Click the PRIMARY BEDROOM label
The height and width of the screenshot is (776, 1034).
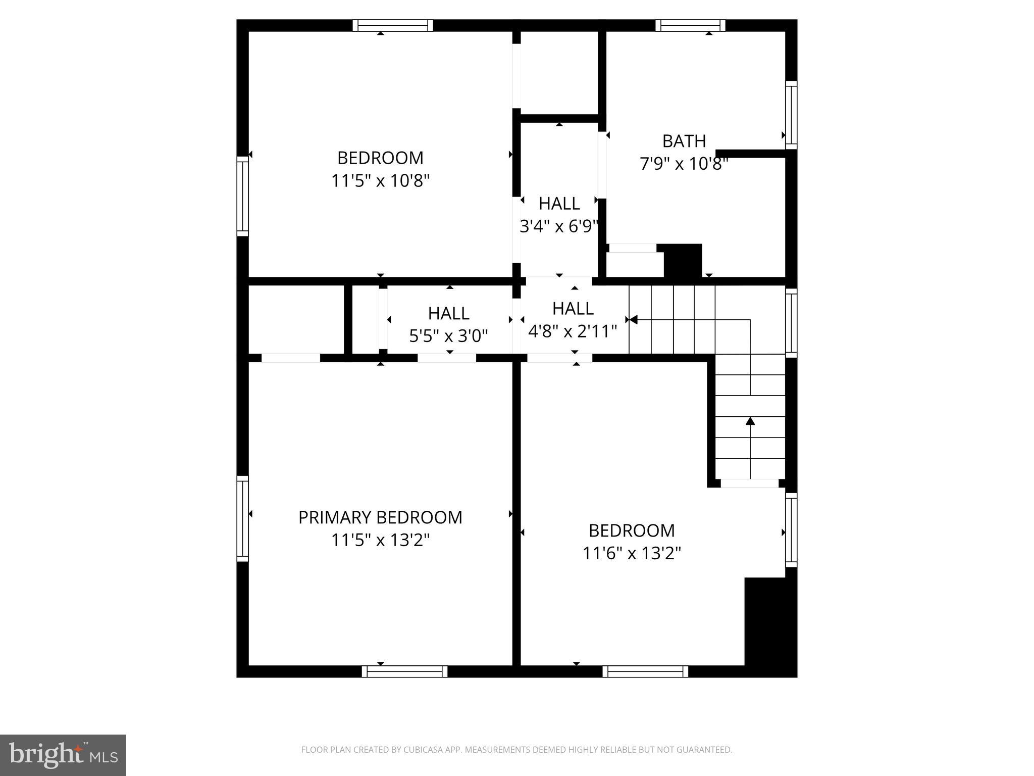tap(380, 517)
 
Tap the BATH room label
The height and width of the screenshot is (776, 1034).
tap(684, 141)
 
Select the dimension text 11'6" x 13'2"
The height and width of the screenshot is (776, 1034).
tap(632, 553)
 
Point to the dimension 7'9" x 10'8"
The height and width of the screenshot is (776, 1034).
tap(684, 164)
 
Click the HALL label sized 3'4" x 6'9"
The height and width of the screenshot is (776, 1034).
tap(559, 204)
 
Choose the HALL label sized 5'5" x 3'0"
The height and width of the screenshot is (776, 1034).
tap(448, 313)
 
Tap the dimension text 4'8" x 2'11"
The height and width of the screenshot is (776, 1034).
tap(573, 331)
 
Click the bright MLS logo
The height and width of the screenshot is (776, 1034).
tap(63, 755)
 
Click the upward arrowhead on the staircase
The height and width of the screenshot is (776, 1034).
tap(750, 421)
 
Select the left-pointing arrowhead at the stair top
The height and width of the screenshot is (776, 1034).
tap(633, 320)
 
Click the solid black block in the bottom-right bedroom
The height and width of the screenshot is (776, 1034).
tap(769, 626)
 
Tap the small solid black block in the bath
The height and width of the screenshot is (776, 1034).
tap(683, 260)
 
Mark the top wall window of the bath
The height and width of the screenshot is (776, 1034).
tap(690, 25)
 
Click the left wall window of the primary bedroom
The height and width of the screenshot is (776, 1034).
tap(243, 518)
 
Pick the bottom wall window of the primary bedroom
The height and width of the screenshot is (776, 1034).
tap(404, 671)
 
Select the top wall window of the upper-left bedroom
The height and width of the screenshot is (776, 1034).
tap(392, 25)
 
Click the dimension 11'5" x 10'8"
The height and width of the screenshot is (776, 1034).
tap(380, 181)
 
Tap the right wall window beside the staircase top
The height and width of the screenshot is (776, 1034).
tap(791, 322)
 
